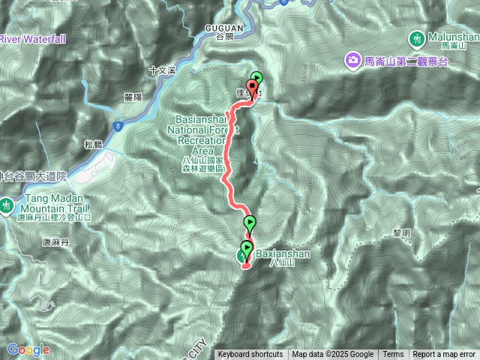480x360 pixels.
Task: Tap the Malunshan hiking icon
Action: [417, 38]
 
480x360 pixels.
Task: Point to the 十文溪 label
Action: [161, 70]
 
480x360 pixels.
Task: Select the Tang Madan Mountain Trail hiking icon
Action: [7, 204]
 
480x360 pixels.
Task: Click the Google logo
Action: [28, 349]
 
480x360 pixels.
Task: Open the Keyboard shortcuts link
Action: [250, 355]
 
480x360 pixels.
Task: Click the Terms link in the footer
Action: [393, 355]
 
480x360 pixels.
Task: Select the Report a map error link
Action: [444, 355]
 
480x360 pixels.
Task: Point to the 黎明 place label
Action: [401, 233]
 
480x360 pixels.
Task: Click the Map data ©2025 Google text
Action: [332, 355]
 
